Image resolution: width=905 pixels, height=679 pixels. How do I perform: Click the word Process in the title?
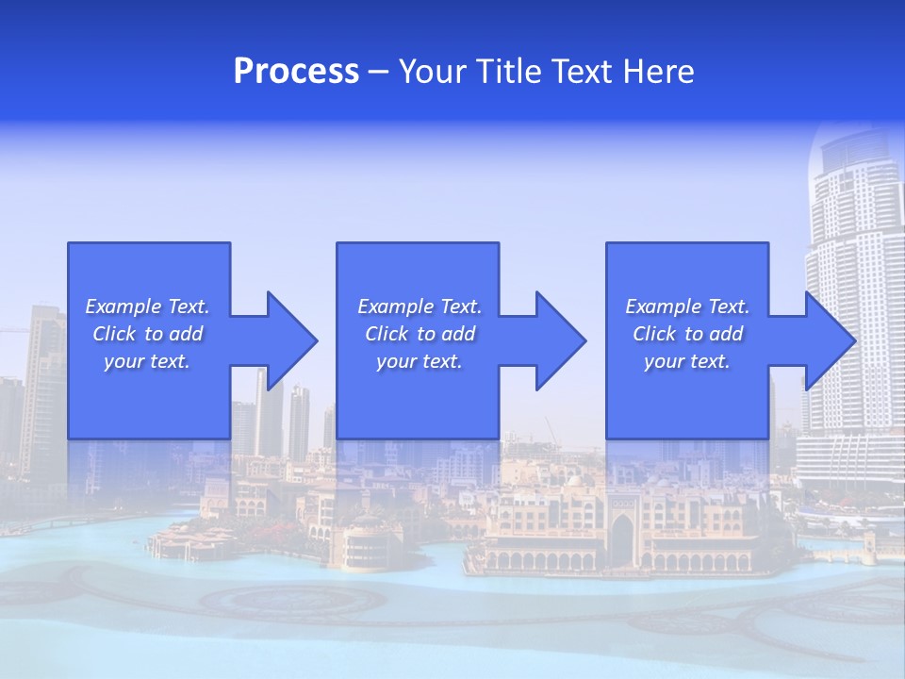point(296,72)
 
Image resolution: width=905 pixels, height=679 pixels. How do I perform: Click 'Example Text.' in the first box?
point(147,306)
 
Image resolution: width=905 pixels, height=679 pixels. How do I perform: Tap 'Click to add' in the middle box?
point(420,334)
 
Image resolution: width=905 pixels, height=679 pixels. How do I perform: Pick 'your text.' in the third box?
point(687,361)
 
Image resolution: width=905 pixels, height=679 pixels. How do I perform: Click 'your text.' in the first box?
point(147,361)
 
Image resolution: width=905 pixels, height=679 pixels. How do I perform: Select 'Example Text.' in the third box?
point(687,306)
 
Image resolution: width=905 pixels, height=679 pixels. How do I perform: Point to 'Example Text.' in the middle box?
point(420,306)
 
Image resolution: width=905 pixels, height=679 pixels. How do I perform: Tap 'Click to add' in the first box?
point(147,334)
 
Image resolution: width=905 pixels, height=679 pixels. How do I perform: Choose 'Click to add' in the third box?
point(687,334)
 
